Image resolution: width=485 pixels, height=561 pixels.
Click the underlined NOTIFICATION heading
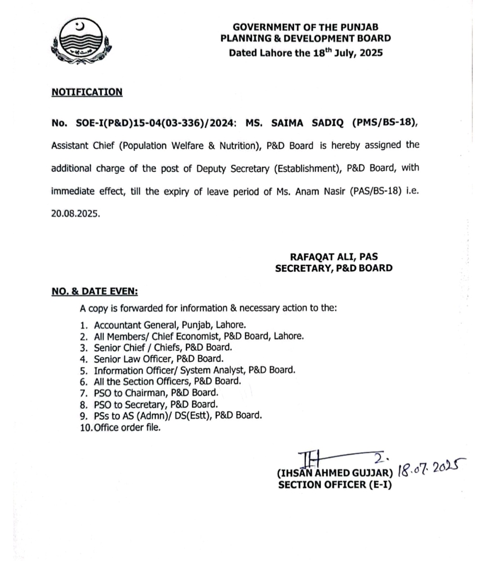87,92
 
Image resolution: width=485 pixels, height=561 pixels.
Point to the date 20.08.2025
75,214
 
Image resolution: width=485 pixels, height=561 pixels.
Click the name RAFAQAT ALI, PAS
333,257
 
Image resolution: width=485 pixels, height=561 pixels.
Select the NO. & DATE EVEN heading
94,291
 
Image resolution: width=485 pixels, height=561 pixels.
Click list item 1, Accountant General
170,325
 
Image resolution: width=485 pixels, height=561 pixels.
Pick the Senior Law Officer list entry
158,359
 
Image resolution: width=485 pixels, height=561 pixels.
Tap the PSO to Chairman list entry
156,393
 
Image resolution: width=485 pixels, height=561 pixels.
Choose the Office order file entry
127,427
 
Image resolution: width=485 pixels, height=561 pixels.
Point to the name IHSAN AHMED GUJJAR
335,474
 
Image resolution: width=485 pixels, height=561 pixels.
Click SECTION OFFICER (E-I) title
335,485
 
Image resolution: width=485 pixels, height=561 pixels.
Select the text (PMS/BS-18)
385,122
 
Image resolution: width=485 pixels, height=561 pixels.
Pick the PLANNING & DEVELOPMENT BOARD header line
305,39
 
